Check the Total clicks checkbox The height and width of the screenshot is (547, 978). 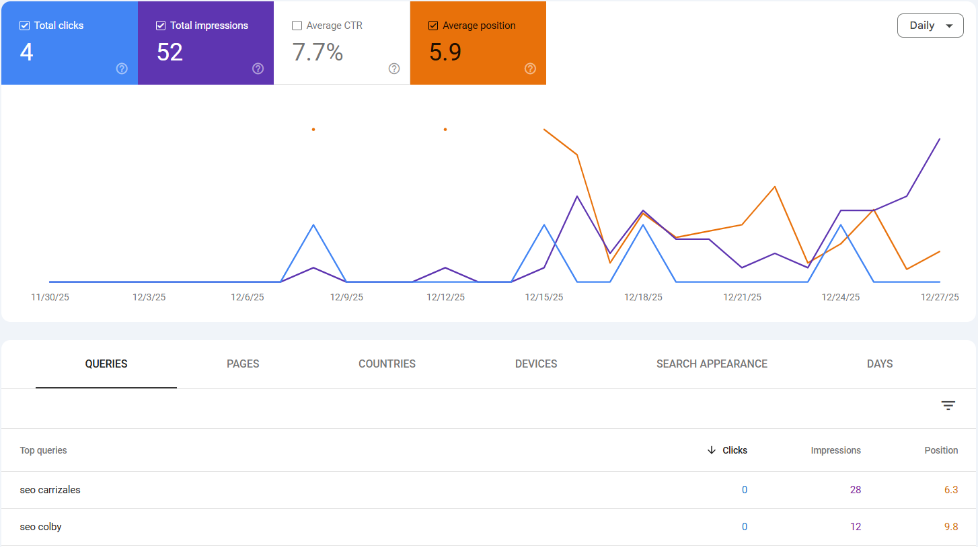click(x=25, y=26)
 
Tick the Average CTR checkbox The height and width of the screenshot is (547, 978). click(x=297, y=26)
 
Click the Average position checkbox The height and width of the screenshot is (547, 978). click(x=433, y=26)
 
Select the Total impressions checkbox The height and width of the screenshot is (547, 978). click(x=161, y=26)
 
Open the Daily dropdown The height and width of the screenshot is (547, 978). click(x=930, y=26)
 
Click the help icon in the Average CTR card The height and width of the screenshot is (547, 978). click(x=394, y=69)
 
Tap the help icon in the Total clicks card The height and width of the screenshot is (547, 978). click(x=122, y=69)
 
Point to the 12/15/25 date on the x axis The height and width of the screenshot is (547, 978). click(x=544, y=297)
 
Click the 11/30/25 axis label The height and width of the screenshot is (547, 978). click(x=50, y=297)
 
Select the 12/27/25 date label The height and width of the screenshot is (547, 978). click(x=940, y=297)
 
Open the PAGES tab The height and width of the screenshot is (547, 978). click(x=243, y=364)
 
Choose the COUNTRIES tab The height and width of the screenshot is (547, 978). click(x=387, y=364)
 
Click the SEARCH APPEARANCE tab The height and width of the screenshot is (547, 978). click(x=712, y=364)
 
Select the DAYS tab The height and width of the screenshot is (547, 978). click(x=880, y=364)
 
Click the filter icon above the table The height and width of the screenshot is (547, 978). click(x=948, y=405)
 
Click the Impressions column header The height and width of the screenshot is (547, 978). click(x=835, y=450)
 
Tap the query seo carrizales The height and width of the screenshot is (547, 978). click(x=50, y=490)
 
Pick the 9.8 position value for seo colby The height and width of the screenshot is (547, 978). click(x=950, y=527)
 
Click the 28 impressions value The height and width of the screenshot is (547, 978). click(x=855, y=490)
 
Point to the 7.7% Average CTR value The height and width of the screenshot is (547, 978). click(x=317, y=52)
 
